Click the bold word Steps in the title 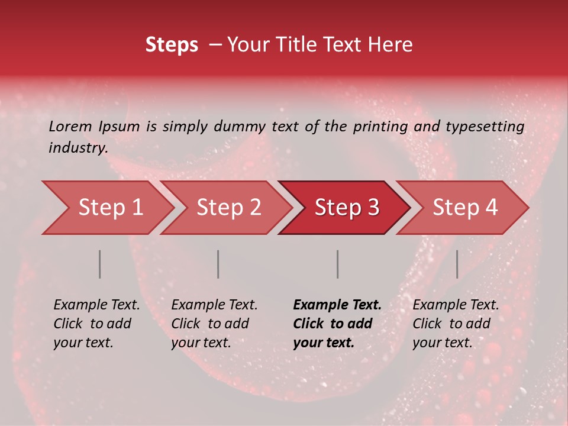click(172, 45)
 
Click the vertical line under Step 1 click(100, 264)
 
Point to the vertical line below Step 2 click(218, 264)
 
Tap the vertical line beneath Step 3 click(338, 264)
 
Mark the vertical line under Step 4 click(457, 264)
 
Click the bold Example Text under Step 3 click(337, 305)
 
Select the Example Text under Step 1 click(96, 305)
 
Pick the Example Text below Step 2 click(214, 305)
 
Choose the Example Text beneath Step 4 click(456, 305)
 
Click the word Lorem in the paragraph click(70, 127)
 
